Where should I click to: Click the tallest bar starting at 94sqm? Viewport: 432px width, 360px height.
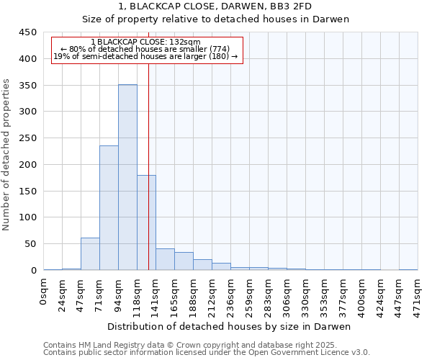coord(127,177)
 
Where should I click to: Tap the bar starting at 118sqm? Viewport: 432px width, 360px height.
coord(146,222)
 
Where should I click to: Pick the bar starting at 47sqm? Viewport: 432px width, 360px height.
coord(90,254)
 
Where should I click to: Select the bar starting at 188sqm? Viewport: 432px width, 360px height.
coord(202,264)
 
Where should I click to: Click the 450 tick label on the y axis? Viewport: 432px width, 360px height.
coord(27,32)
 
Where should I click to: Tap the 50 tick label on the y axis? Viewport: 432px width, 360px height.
coord(30,244)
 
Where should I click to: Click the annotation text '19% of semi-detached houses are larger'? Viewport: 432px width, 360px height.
coord(146,56)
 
